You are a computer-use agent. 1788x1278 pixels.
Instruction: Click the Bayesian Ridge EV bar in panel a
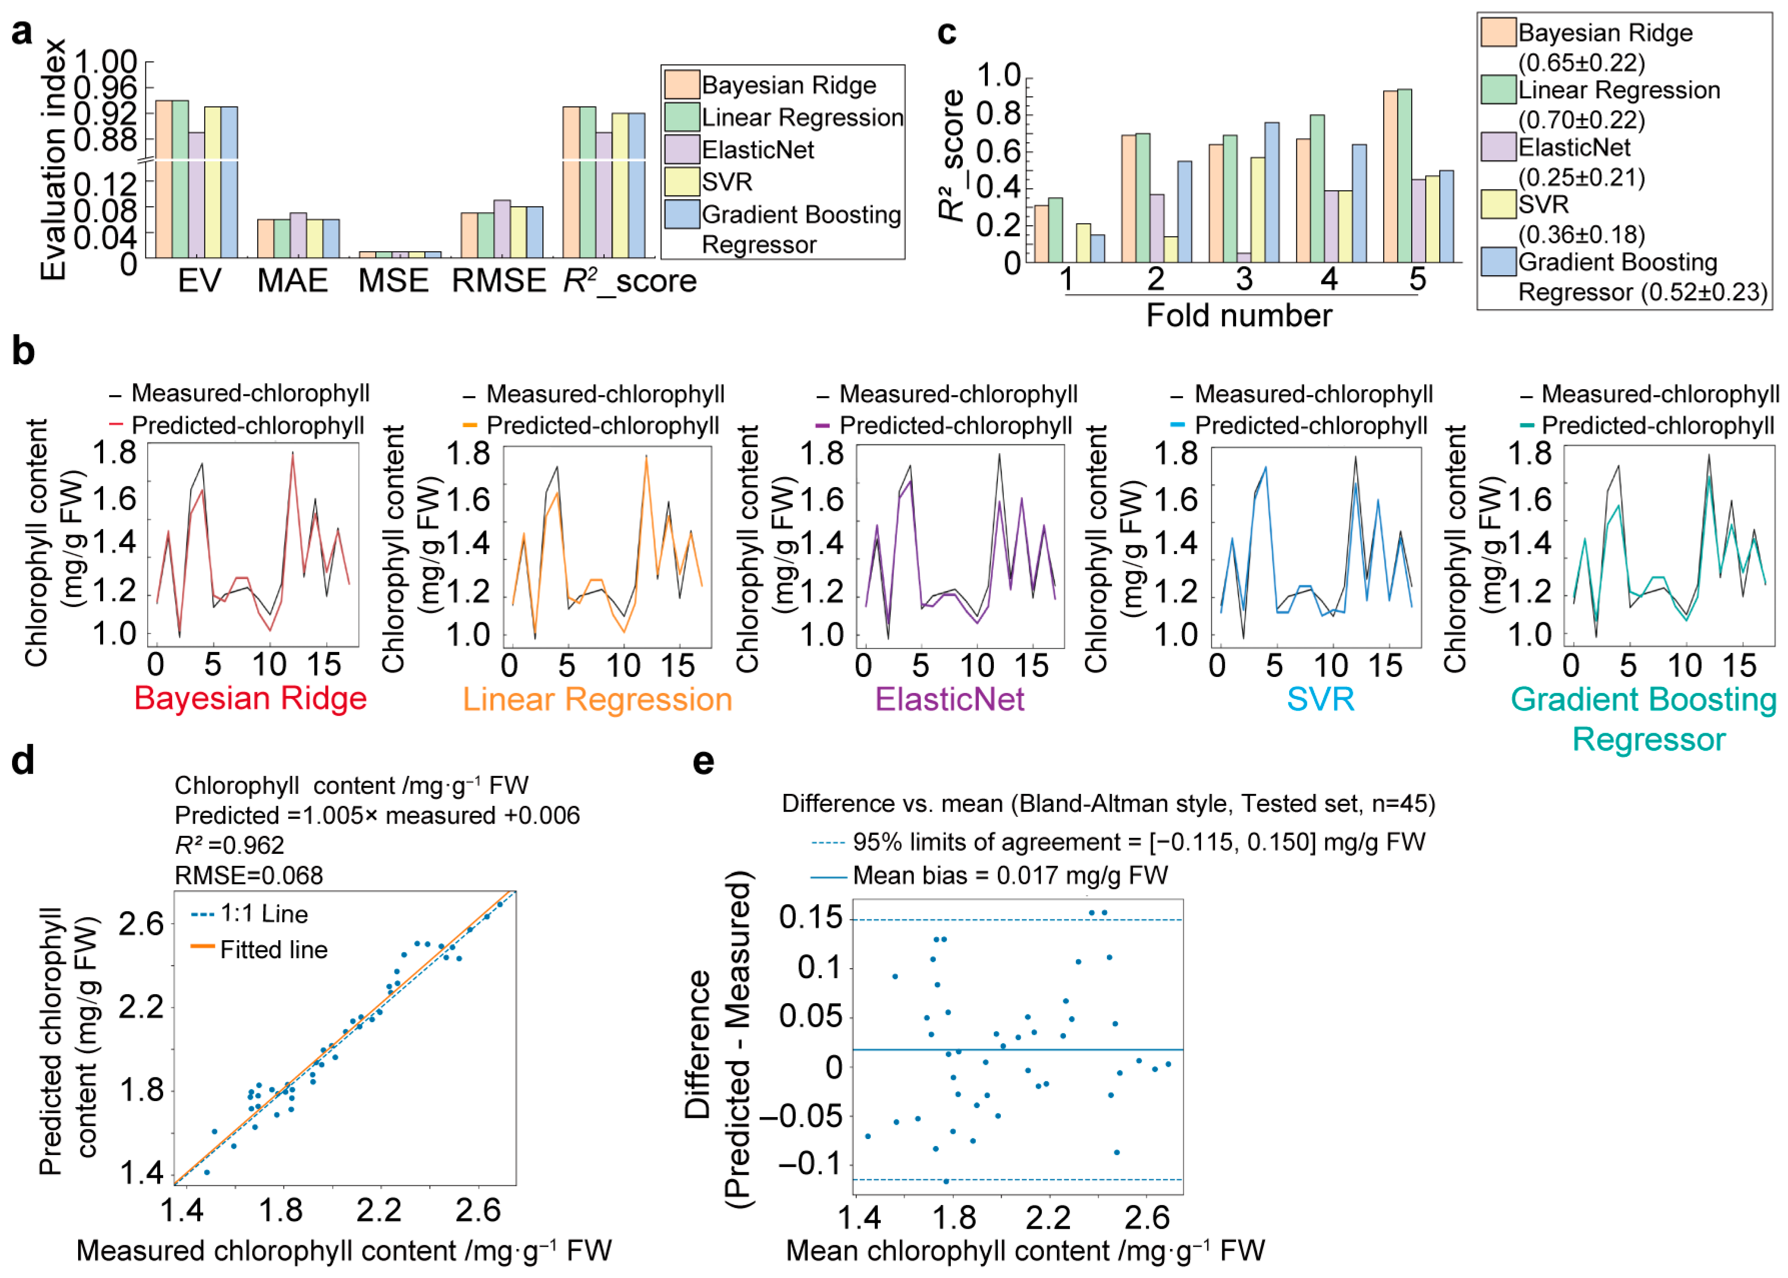(x=164, y=179)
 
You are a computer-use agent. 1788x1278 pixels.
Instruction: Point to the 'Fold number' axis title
(x=1239, y=315)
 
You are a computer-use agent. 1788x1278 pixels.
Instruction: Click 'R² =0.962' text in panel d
(x=229, y=845)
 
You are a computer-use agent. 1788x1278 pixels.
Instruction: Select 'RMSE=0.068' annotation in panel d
(x=249, y=875)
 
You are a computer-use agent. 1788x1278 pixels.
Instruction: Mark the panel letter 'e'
(x=703, y=762)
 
